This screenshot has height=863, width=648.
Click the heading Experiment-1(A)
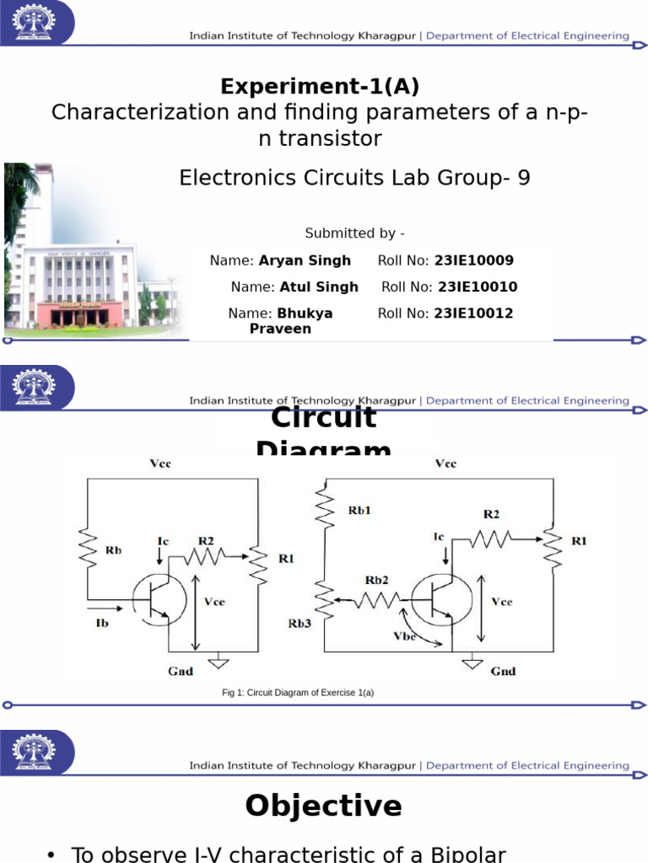[x=320, y=87]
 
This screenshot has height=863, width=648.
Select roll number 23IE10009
[x=473, y=261]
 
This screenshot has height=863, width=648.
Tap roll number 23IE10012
[x=473, y=314]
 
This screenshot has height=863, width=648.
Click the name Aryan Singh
[x=305, y=261]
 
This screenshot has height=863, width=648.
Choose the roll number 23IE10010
[x=478, y=287]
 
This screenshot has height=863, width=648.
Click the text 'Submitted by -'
[x=354, y=233]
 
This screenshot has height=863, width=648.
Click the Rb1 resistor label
[x=359, y=511]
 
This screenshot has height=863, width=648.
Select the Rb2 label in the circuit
[x=377, y=581]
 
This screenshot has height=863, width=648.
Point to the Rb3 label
[x=300, y=624]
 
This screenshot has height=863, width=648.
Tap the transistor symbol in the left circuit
[x=161, y=599]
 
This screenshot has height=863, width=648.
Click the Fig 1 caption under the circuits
[x=297, y=693]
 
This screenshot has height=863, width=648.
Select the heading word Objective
[x=323, y=807]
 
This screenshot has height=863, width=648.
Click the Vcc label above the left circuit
[x=160, y=464]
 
